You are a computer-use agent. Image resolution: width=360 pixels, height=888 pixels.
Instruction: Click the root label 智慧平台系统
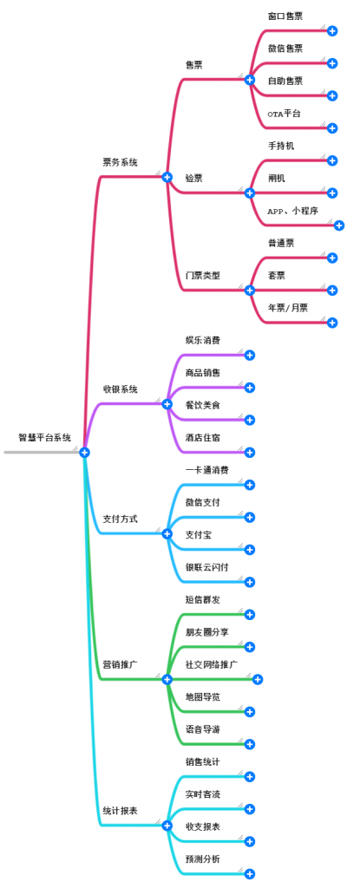point(45,437)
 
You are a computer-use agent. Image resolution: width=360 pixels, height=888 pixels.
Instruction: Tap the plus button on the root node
point(84,453)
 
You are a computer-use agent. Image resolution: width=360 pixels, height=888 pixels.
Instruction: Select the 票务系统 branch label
point(120,162)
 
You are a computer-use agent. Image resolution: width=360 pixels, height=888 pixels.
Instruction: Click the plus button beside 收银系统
point(167,404)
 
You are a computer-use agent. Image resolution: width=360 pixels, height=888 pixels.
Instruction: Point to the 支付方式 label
point(120,519)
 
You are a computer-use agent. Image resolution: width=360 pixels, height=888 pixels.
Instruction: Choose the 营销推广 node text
point(120,664)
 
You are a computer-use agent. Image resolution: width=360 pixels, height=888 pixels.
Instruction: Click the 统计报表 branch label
point(120,811)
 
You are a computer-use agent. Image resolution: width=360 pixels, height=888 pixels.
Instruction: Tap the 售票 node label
point(194,65)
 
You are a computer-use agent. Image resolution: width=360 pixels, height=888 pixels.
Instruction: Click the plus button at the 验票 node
point(250,193)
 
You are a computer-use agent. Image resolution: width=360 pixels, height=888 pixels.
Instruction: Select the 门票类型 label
point(202,276)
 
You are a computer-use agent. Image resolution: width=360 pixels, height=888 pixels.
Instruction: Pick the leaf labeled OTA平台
point(284,114)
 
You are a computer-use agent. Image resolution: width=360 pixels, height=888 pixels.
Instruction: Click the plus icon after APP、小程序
point(339,225)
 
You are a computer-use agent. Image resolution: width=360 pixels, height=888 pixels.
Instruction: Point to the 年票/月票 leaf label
point(288,308)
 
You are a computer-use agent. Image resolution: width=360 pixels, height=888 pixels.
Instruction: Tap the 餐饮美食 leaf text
point(202,405)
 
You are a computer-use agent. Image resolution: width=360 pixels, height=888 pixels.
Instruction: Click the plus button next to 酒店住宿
point(250,453)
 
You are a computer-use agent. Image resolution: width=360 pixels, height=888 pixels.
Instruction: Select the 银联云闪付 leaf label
point(207,567)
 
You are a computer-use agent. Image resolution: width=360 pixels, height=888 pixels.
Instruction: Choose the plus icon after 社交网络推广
point(258,679)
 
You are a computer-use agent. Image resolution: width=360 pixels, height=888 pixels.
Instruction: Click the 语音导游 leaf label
point(202,729)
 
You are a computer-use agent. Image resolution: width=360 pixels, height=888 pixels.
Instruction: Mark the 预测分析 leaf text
point(202,859)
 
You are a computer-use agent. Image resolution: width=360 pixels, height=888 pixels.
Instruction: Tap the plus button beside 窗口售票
point(333,31)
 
